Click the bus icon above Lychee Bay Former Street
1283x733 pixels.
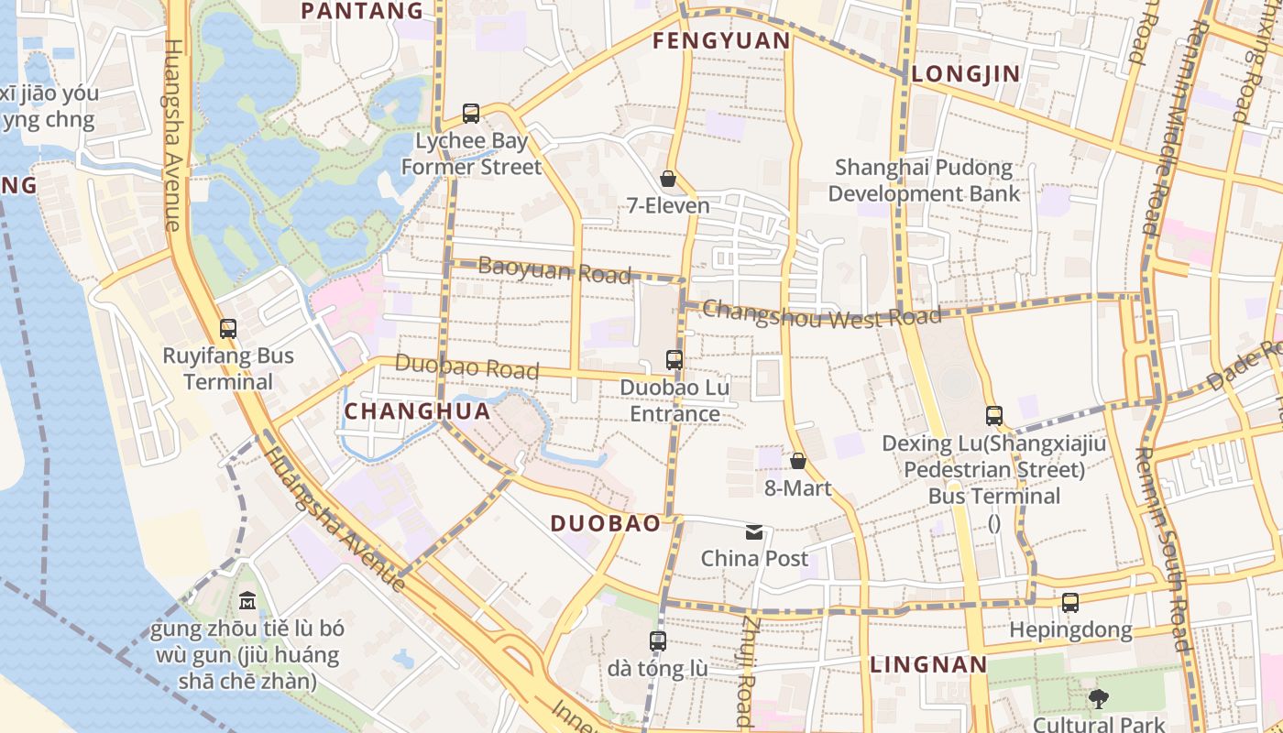click(471, 114)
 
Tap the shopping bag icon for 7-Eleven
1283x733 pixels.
click(668, 179)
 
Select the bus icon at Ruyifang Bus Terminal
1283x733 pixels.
click(228, 328)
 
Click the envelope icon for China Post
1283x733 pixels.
click(754, 532)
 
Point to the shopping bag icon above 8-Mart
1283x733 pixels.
click(798, 461)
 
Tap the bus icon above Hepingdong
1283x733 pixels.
click(1070, 603)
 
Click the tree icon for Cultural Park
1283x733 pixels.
click(1098, 699)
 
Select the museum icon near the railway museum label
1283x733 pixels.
click(247, 602)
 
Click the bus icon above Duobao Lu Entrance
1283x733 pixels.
click(674, 360)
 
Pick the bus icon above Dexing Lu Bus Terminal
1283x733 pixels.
click(994, 416)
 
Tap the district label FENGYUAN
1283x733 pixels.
click(721, 41)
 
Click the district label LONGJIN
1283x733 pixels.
click(966, 74)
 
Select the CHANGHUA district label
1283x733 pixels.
click(417, 412)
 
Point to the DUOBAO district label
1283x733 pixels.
click(605, 524)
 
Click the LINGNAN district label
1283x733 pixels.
click(928, 665)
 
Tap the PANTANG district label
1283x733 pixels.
click(362, 11)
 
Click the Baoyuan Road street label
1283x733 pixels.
click(554, 270)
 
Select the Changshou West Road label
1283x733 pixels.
click(821, 314)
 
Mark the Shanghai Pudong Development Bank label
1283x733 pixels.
click(924, 181)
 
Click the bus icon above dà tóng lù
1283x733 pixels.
click(658, 641)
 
